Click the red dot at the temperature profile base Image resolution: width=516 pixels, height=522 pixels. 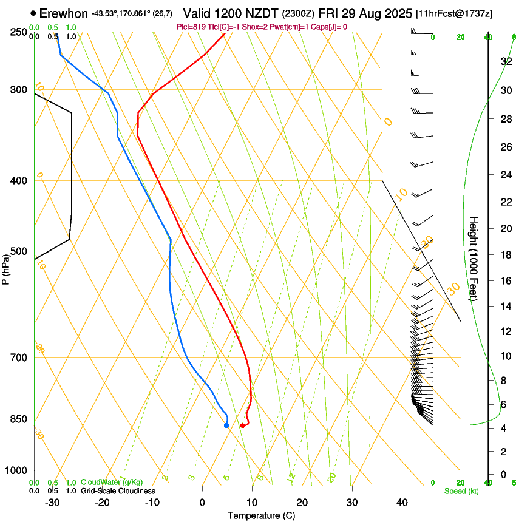coord(242,425)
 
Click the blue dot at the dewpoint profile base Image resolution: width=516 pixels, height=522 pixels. coord(226,425)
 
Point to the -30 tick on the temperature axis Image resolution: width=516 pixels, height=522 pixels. coord(52,503)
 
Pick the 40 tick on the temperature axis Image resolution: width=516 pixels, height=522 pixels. coord(402,503)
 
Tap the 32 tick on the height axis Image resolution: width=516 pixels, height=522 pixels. coord(505,61)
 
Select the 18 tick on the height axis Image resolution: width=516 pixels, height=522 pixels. coord(505,255)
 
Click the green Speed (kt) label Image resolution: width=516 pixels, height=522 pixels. coord(461,491)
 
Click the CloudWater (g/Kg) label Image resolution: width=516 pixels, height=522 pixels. coord(108,483)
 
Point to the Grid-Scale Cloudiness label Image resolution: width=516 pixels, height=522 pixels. coord(118,491)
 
